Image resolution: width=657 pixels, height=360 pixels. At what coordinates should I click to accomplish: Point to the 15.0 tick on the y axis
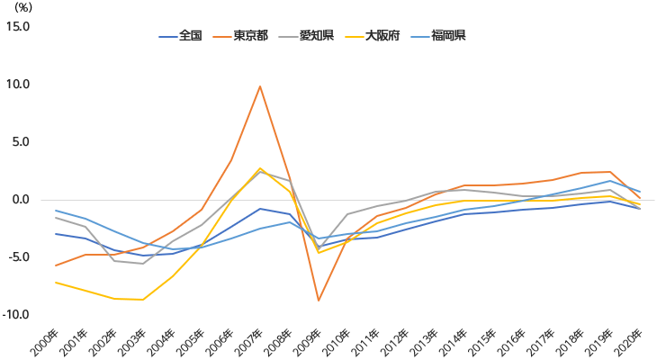18,26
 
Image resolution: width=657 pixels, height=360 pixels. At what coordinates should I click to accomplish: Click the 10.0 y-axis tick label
18,85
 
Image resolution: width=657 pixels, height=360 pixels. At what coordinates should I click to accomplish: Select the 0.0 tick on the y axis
20,200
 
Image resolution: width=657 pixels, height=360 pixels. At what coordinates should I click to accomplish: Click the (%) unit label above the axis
23,7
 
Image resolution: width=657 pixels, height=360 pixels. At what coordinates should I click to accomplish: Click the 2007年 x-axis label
250,341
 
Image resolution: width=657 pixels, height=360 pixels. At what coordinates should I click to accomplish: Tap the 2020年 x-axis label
629,341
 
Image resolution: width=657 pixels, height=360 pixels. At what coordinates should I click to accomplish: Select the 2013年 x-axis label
427,341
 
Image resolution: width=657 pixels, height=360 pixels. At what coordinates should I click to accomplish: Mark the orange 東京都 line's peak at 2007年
260,86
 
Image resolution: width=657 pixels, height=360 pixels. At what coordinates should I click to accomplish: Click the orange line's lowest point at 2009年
319,301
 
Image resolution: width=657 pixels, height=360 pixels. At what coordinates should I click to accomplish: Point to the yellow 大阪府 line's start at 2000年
56,283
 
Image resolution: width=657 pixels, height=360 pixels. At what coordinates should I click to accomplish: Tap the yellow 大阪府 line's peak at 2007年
260,168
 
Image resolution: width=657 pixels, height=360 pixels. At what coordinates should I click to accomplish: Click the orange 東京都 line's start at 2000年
56,265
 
